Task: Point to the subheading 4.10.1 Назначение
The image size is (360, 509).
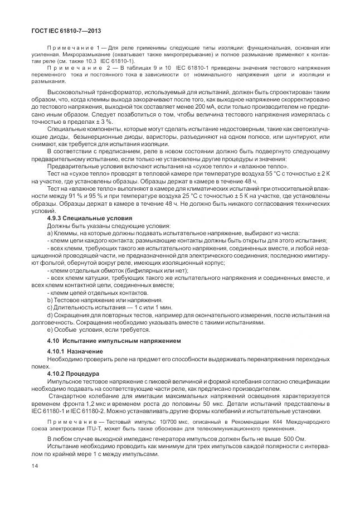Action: (x=75, y=351)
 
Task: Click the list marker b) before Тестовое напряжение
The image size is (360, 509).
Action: (x=50, y=299)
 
